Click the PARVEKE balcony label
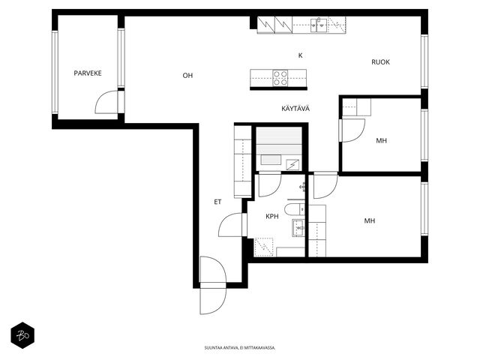[x=88, y=73]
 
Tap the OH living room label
[x=187, y=76]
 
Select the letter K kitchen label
[x=300, y=55]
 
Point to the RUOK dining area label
[x=380, y=62]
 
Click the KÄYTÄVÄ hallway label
[x=295, y=108]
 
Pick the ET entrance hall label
[x=217, y=202]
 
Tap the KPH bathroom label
[x=272, y=217]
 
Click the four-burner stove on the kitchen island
[x=280, y=78]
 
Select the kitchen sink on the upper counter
[x=318, y=25]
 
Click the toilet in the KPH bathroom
[x=295, y=210]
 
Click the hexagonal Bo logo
[x=22, y=335]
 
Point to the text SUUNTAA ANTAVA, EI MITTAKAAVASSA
[x=240, y=348]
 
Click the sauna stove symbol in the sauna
[x=292, y=165]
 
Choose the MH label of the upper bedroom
[x=381, y=141]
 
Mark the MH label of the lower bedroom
[x=370, y=220]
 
